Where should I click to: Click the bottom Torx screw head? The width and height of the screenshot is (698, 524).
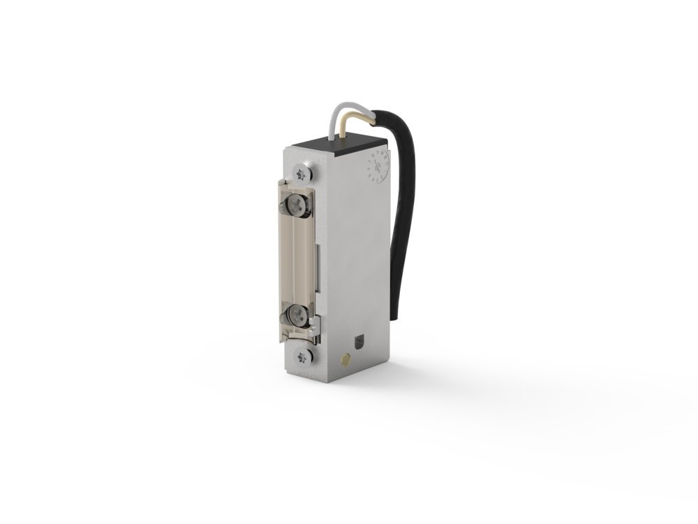[302, 357]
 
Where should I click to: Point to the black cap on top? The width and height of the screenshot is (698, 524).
[339, 144]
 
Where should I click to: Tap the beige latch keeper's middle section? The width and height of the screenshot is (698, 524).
[297, 258]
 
